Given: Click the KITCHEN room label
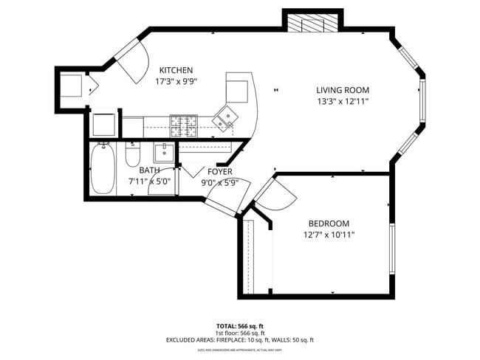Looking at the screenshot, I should pyautogui.click(x=176, y=70).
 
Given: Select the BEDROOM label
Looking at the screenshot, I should pyautogui.click(x=329, y=224).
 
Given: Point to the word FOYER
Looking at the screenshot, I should pyautogui.click(x=220, y=171).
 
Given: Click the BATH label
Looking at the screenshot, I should pyautogui.click(x=149, y=170).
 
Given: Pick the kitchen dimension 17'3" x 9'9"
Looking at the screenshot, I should pyautogui.click(x=176, y=82).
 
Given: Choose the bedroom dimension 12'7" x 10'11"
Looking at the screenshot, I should pyautogui.click(x=329, y=235).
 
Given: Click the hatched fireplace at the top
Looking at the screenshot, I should pyautogui.click(x=312, y=24).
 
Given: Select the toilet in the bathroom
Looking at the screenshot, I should pyautogui.click(x=133, y=156).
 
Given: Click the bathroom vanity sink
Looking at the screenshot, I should pyautogui.click(x=164, y=153).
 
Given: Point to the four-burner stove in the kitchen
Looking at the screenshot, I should pyautogui.click(x=185, y=127).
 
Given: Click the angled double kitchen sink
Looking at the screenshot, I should pyautogui.click(x=225, y=117).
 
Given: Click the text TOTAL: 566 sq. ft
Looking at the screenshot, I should pyautogui.click(x=239, y=325).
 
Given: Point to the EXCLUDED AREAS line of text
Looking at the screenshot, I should pyautogui.click(x=239, y=339).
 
